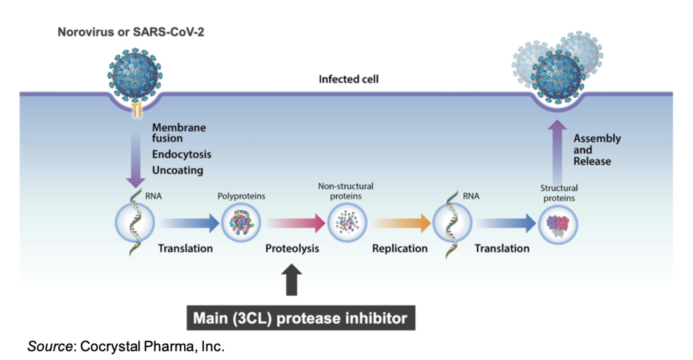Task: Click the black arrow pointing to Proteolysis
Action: [292, 280]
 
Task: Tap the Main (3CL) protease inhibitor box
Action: [301, 318]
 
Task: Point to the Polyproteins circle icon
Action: [241, 223]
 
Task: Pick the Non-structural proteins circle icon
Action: [347, 223]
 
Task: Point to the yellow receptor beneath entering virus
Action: [137, 111]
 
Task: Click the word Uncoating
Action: [177, 170]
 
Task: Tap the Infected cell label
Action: [348, 79]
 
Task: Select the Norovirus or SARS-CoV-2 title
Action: [131, 32]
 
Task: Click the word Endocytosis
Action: [181, 154]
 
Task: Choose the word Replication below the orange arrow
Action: [400, 248]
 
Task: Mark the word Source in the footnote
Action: [50, 346]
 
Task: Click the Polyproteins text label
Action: [241, 196]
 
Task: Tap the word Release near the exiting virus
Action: [592, 161]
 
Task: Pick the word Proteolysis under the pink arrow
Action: [292, 248]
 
